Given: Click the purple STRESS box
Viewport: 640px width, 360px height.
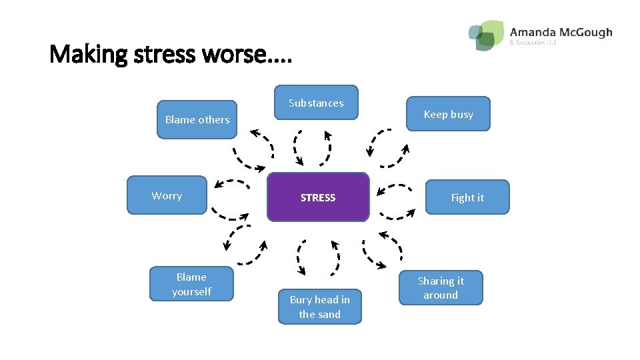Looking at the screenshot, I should [x=318, y=197].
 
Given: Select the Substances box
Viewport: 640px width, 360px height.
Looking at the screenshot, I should [x=317, y=103].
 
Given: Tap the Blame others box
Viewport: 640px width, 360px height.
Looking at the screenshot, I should [x=197, y=120].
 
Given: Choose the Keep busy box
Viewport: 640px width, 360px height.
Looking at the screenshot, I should [x=449, y=114].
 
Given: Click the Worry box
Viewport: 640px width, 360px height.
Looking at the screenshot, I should [x=167, y=195].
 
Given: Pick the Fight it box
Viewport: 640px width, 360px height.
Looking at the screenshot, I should [x=467, y=197].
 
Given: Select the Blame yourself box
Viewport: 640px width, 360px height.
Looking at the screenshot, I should [x=191, y=284].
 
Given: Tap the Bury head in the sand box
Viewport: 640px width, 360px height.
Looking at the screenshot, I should [x=320, y=307].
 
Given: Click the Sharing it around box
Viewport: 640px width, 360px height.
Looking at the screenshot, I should [x=441, y=287].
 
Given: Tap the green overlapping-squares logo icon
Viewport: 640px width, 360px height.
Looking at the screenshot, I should [x=486, y=35].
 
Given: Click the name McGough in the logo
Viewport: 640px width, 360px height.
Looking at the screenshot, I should [x=584, y=32].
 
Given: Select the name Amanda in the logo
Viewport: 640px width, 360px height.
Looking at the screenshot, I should [x=531, y=32].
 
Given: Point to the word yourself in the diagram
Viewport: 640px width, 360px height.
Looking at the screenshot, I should [x=191, y=291].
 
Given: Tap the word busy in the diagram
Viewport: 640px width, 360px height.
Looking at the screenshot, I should [x=461, y=114].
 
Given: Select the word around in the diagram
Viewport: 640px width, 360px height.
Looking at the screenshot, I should [x=441, y=295].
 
